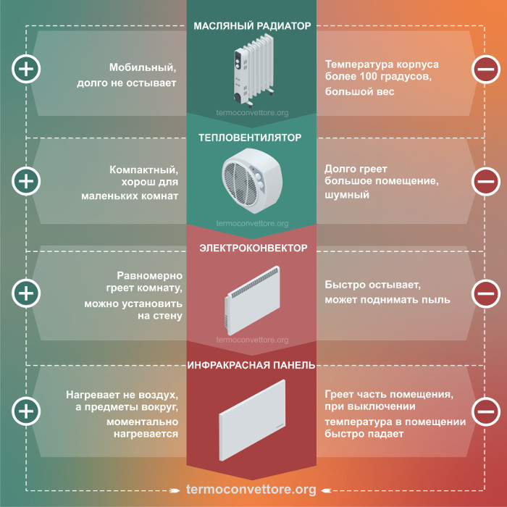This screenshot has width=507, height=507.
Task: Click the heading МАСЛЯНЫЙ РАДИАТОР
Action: (x=252, y=26)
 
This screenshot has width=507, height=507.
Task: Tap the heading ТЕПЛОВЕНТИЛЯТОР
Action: (x=250, y=138)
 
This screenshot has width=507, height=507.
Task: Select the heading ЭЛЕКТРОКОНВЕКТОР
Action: (x=253, y=248)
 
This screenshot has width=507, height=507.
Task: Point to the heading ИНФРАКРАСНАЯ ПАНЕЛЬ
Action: (x=251, y=365)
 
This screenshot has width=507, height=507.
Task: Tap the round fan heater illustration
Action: (x=252, y=181)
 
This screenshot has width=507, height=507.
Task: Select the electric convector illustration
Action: (x=253, y=301)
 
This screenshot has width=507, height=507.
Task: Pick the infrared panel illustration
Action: (x=252, y=420)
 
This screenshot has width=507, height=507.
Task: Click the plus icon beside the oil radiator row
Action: (x=26, y=69)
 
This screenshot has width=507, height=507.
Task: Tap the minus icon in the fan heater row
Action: (x=486, y=181)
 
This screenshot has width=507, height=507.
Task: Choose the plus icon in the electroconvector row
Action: (x=26, y=293)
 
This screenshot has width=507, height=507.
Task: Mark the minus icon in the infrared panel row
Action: (x=486, y=411)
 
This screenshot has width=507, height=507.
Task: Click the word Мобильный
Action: (x=143, y=67)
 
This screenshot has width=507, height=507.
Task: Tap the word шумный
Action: (x=347, y=195)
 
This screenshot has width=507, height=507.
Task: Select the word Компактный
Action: (x=143, y=169)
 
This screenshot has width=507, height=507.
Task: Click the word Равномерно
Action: (x=149, y=276)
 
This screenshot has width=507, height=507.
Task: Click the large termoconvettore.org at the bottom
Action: (x=251, y=489)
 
